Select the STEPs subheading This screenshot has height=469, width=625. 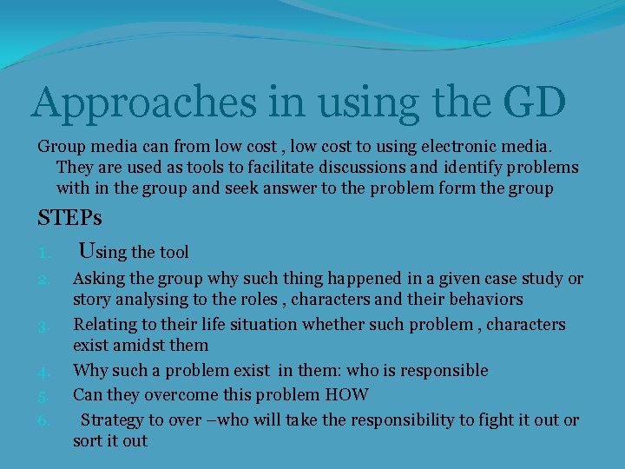69,218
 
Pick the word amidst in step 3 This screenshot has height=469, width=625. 138,346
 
